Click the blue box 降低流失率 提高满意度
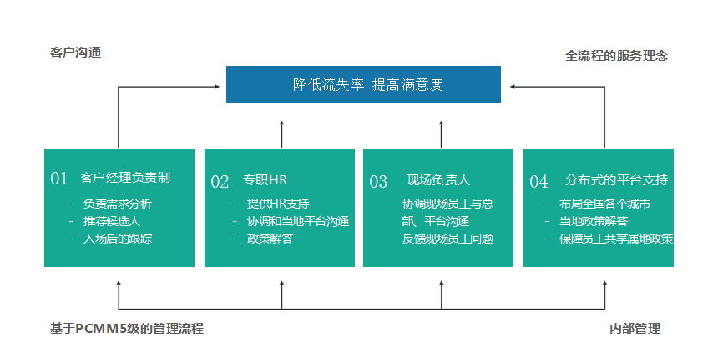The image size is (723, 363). [x=363, y=85]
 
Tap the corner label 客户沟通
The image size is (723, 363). [x=76, y=53]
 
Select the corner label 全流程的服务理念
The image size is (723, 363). [x=616, y=56]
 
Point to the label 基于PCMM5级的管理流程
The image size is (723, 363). [x=127, y=329]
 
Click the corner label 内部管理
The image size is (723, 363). [x=635, y=329]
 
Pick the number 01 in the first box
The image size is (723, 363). [x=59, y=179]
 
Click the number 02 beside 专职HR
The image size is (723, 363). [x=220, y=182]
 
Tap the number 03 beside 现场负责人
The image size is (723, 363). [x=378, y=182]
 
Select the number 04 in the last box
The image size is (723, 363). [x=538, y=182]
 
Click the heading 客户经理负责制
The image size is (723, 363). [x=125, y=178]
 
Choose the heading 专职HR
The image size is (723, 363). [x=265, y=180]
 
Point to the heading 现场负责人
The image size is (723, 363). [x=438, y=180]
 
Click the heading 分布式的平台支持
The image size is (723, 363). [x=616, y=180]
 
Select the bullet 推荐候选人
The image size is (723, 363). [x=112, y=221]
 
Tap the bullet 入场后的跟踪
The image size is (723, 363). [x=118, y=239]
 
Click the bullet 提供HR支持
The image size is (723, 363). [x=278, y=204]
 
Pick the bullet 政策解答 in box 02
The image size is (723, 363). [x=270, y=239]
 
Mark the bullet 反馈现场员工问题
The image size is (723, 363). [x=447, y=239]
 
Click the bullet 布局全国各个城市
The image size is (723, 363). [x=605, y=204]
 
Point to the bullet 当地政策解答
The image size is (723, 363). [x=594, y=221]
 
